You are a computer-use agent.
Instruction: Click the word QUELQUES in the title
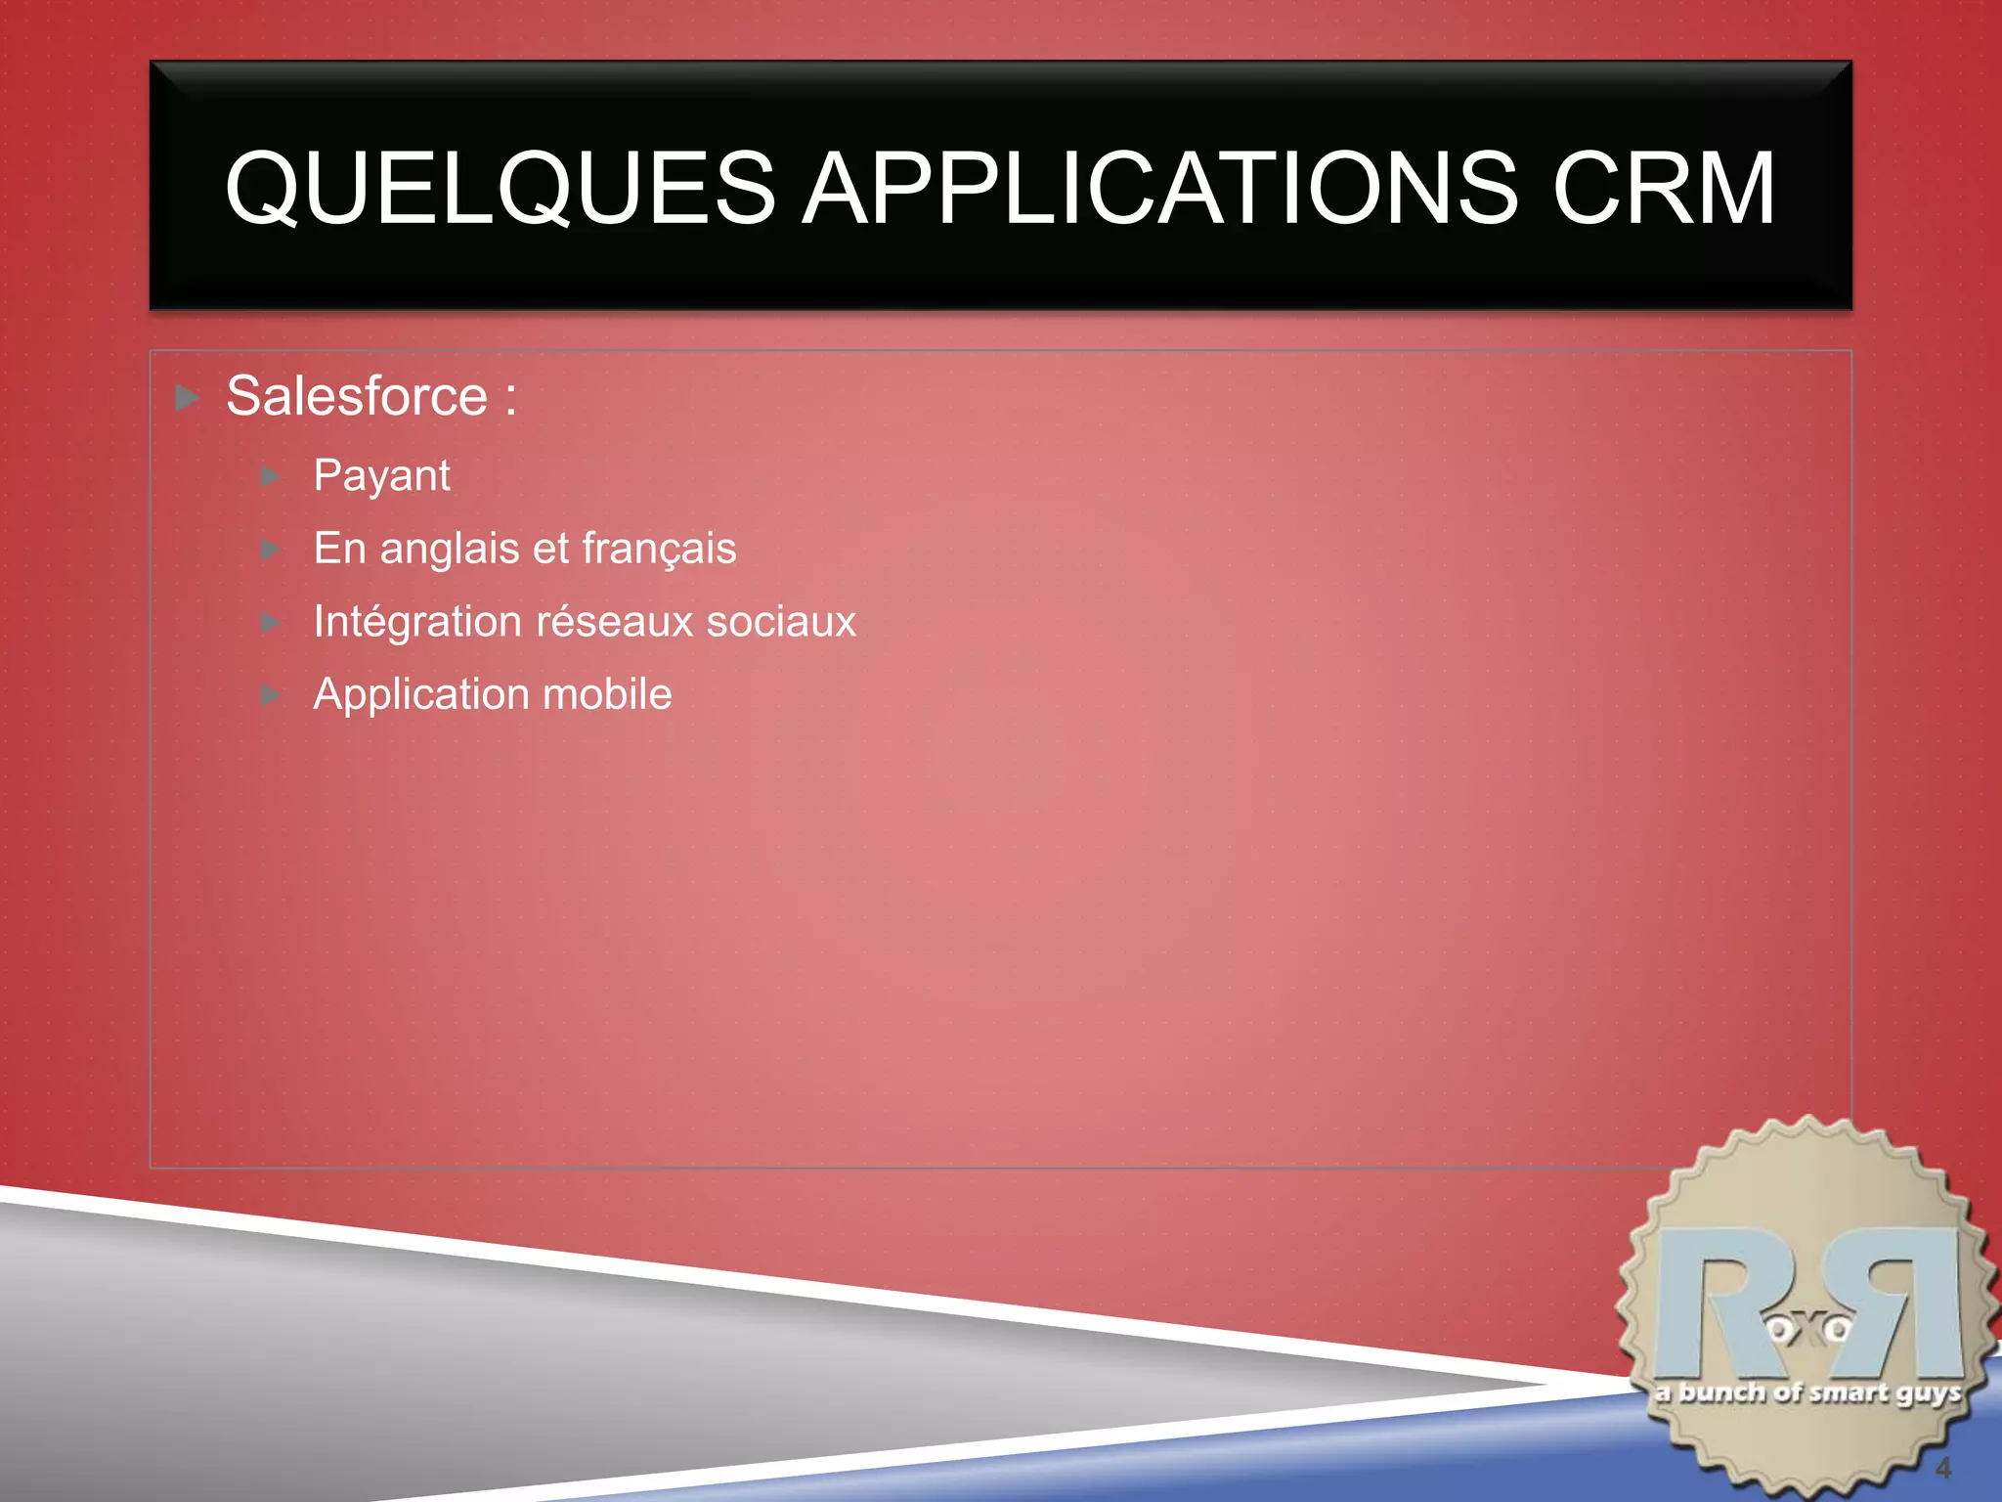[500, 188]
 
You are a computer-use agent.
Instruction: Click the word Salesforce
[357, 396]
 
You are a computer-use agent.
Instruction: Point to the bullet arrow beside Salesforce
[188, 398]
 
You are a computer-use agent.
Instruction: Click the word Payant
[381, 476]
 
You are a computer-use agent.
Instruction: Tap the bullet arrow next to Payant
[271, 477]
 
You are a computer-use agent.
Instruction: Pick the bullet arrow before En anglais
[271, 550]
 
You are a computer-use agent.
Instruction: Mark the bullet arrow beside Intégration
[271, 623]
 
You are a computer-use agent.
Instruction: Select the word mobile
[607, 694]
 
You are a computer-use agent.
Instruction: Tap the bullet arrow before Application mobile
[271, 695]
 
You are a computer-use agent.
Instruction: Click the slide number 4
[1943, 1468]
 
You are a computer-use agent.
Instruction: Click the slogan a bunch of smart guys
[1807, 1392]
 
